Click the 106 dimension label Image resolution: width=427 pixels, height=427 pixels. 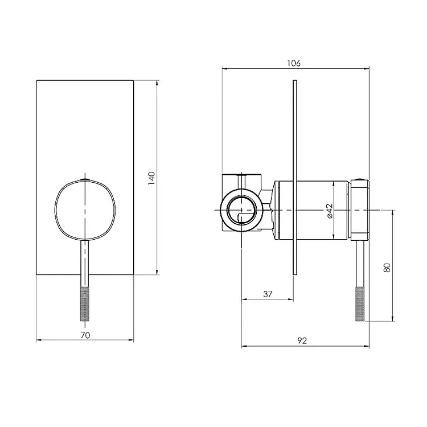tap(294, 63)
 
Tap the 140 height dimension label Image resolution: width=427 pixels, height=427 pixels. tap(151, 178)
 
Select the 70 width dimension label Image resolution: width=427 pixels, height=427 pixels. tap(85, 335)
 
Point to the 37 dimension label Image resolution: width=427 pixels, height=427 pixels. tap(268, 294)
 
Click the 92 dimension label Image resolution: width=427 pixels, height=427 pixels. tap(302, 340)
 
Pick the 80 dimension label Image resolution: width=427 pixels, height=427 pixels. tap(387, 268)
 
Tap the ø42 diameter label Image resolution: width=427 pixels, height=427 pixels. tap(330, 211)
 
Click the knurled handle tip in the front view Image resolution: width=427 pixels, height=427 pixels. tap(85, 303)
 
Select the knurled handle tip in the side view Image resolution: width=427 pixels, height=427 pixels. tap(360, 303)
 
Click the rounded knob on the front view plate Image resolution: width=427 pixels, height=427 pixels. tap(85, 210)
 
